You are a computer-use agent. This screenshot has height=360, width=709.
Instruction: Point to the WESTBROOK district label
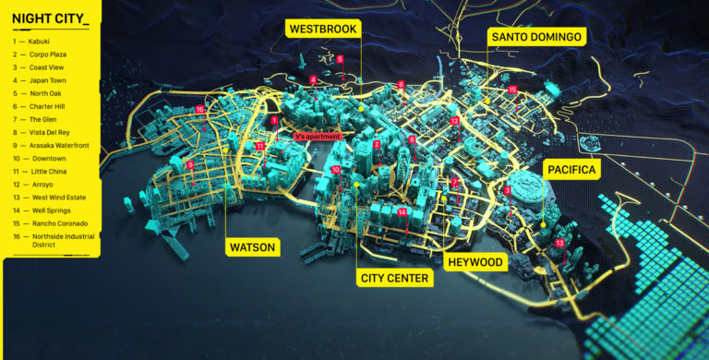(x=322, y=29)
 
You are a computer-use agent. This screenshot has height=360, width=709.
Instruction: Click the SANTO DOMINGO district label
(x=536, y=37)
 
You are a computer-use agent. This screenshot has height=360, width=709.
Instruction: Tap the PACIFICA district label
(x=573, y=170)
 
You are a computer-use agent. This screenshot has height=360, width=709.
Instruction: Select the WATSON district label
(x=252, y=247)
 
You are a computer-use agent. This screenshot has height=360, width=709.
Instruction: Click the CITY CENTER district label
(x=392, y=277)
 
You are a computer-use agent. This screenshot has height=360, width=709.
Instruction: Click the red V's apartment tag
(x=317, y=136)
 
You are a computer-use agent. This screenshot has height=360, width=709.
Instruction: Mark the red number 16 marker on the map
(x=199, y=109)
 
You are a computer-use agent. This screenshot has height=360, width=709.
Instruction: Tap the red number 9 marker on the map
(x=189, y=165)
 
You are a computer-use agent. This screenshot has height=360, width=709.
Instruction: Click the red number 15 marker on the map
(x=511, y=90)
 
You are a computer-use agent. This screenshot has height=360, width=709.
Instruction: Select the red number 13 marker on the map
(x=559, y=243)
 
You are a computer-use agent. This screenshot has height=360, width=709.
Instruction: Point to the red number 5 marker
(x=340, y=59)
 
